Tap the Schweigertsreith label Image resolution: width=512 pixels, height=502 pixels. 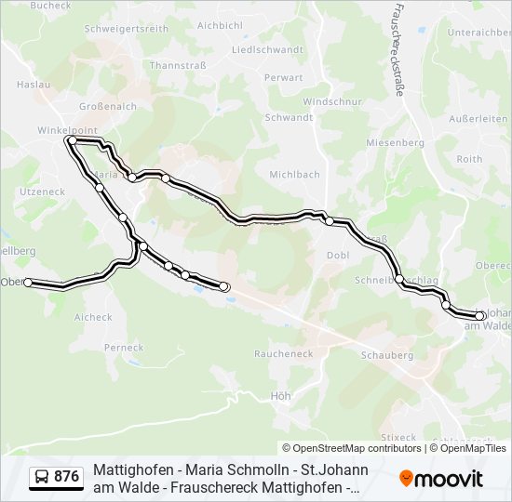(127, 29)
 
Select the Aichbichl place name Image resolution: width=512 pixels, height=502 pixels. (220, 26)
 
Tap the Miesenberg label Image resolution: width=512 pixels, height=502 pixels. (395, 143)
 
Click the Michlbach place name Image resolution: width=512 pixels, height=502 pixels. (294, 175)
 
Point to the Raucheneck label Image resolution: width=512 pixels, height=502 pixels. (283, 354)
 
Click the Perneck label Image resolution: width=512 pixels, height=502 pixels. (124, 348)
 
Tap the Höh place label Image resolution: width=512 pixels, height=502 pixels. (280, 396)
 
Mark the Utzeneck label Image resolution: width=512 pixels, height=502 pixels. (42, 191)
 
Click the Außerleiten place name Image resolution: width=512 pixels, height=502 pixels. (478, 119)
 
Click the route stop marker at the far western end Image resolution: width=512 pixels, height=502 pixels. (29, 283)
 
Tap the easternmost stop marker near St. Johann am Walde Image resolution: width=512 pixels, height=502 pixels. (479, 316)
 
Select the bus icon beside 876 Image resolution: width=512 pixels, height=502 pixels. (43, 477)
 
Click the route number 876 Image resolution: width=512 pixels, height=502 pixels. (67, 477)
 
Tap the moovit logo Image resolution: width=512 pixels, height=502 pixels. (441, 479)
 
